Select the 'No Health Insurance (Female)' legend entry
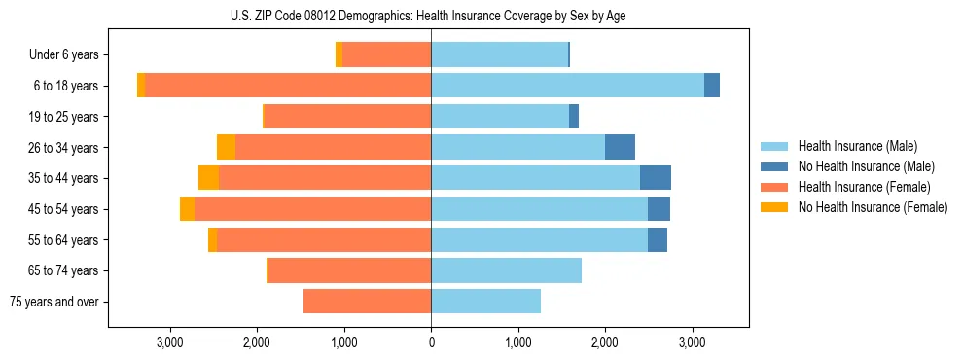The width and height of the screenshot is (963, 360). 872,207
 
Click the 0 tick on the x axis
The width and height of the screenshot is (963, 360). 431,343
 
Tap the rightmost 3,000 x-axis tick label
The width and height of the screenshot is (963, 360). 692,343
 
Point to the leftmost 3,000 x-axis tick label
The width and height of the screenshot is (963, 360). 170,343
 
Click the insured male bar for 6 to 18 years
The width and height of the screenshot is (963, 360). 567,86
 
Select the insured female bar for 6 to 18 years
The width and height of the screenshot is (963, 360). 288,86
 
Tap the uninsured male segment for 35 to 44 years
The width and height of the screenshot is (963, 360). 656,178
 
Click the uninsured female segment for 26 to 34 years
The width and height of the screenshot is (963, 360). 226,147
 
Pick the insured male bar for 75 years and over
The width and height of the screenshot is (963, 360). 485,302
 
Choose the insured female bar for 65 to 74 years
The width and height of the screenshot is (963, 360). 349,270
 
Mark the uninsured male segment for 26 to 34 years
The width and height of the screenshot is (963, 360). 620,147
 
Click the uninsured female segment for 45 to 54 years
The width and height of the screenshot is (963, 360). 187,209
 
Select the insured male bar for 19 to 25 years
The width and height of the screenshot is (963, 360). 500,117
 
